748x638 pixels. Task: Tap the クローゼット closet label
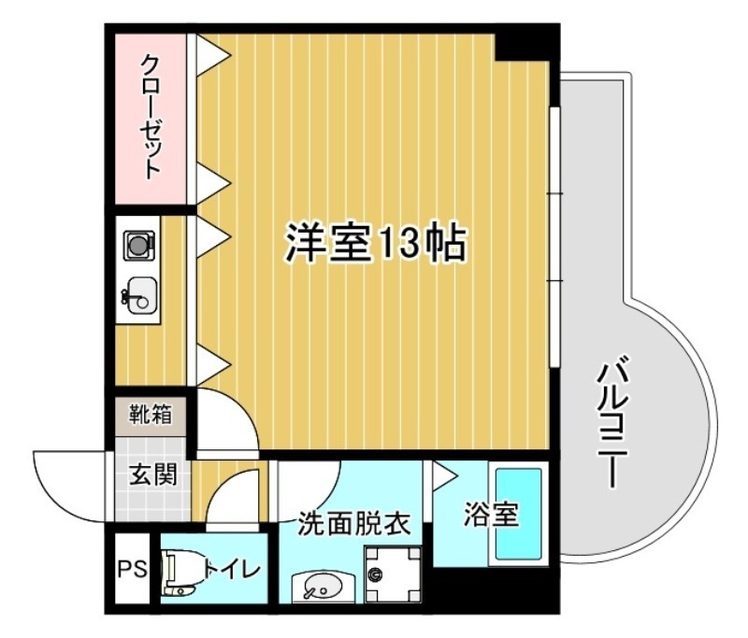pos(150,117)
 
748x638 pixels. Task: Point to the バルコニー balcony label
pos(611,420)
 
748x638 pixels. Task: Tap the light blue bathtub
pos(518,515)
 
